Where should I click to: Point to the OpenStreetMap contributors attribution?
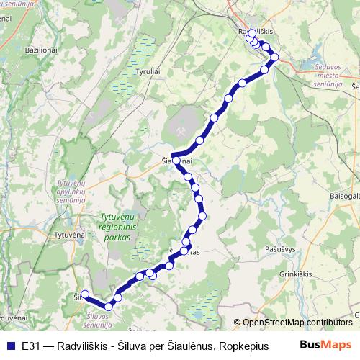pos(297,323)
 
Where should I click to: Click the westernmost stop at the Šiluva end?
pos(84,294)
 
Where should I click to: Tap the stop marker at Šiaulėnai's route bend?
pos(175,161)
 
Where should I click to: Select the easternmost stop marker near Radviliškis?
pos(274,57)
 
